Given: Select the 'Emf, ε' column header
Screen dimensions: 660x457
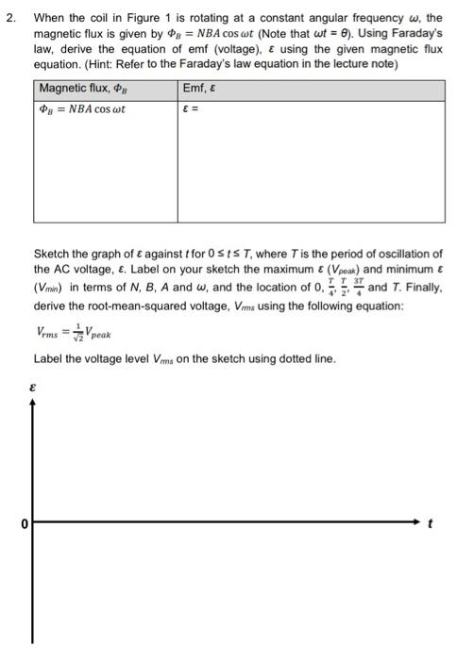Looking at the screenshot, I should tap(202, 89).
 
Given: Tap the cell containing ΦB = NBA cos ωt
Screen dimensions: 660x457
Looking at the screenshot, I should tap(82, 108).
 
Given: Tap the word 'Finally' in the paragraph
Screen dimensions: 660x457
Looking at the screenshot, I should tap(421, 289).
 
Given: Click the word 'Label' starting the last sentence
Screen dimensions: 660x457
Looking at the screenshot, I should tap(50, 359).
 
